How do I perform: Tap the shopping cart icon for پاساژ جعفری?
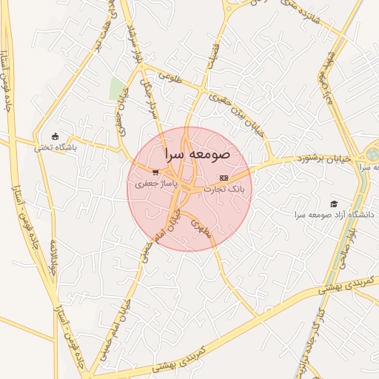pyautogui.click(x=155, y=172)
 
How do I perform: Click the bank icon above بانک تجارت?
pyautogui.click(x=224, y=178)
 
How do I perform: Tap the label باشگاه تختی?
pyautogui.click(x=56, y=147)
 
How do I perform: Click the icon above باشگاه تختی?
pyautogui.click(x=56, y=135)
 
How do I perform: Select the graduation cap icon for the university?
pyautogui.click(x=334, y=204)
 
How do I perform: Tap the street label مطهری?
pyautogui.click(x=200, y=227)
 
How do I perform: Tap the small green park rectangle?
pyautogui.click(x=116, y=89)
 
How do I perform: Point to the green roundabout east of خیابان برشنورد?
pyautogui.click(x=372, y=155)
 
